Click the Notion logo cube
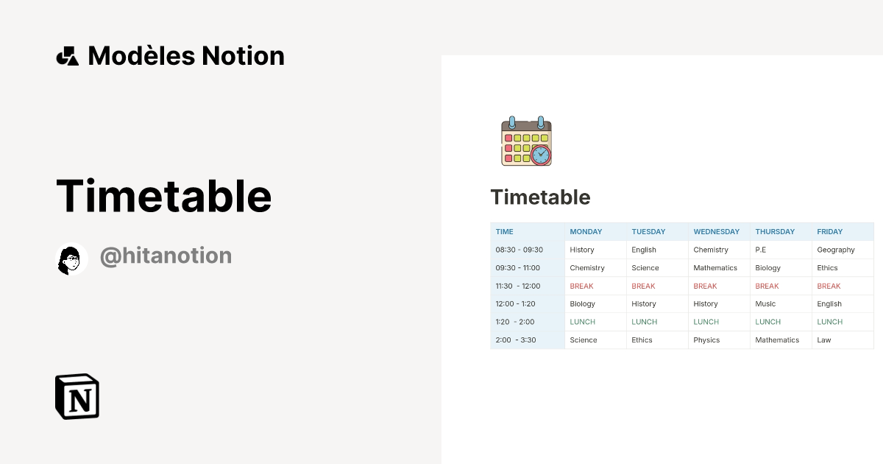tap(77, 396)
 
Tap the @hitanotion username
tap(166, 256)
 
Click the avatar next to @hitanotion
tap(72, 259)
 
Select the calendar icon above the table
tap(526, 141)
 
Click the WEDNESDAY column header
tap(716, 232)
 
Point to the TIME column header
tap(505, 232)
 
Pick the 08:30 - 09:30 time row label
tap(519, 250)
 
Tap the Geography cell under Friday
tap(836, 250)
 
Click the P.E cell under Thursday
tap(761, 250)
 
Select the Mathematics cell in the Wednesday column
tap(715, 268)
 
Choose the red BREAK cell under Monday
tap(581, 286)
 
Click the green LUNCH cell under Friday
tap(830, 322)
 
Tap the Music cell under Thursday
tap(765, 304)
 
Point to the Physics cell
tap(706, 340)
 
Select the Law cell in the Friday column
tap(824, 340)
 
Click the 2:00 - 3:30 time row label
tap(516, 340)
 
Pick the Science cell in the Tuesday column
tap(645, 268)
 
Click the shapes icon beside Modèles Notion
tap(68, 56)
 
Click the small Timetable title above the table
tap(540, 197)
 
